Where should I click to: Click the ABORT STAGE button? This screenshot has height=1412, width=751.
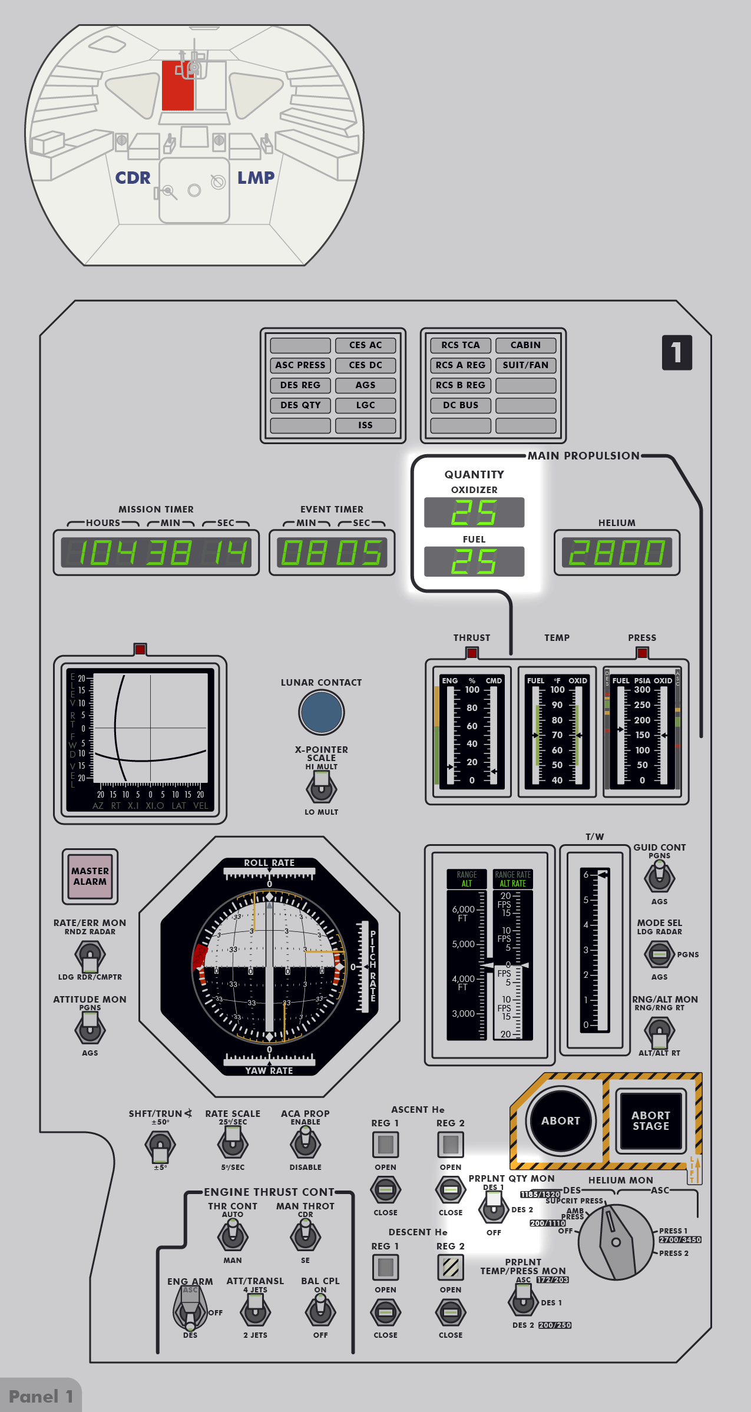[x=650, y=1120]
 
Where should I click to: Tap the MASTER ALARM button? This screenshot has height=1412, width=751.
[x=90, y=876]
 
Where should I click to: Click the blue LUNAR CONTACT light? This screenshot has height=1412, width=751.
[x=321, y=712]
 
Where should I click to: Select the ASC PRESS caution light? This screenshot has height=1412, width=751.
[x=300, y=365]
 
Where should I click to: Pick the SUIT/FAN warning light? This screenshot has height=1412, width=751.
[x=525, y=365]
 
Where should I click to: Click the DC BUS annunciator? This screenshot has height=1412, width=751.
[x=461, y=405]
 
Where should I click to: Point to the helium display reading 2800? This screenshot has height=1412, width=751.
[x=617, y=553]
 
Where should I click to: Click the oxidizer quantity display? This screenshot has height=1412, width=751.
[x=474, y=512]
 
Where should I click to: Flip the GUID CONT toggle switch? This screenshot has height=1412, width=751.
[x=659, y=877]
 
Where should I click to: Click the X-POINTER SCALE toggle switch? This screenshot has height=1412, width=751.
[x=321, y=788]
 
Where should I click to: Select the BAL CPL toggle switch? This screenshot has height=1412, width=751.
[x=320, y=1311]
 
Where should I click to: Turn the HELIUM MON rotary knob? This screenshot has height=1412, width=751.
[x=616, y=1242]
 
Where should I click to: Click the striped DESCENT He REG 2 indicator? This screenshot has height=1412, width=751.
[x=451, y=1267]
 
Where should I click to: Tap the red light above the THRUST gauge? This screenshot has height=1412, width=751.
[x=472, y=653]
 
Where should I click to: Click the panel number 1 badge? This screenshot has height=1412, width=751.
[x=677, y=353]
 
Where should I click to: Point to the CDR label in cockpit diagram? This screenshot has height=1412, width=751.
[x=133, y=178]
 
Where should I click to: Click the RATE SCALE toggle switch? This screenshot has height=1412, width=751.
[x=233, y=1143]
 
